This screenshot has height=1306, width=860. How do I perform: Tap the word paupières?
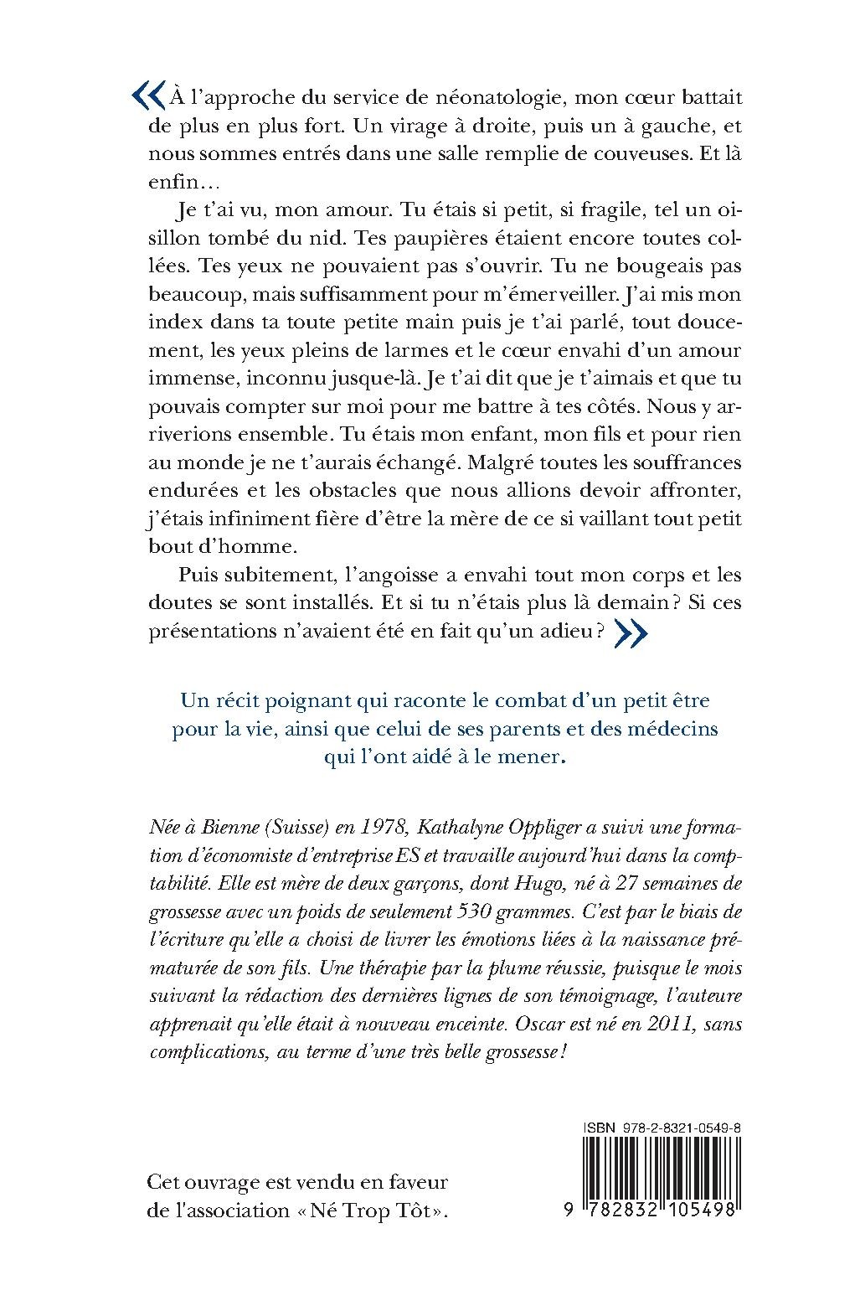point(408,238)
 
